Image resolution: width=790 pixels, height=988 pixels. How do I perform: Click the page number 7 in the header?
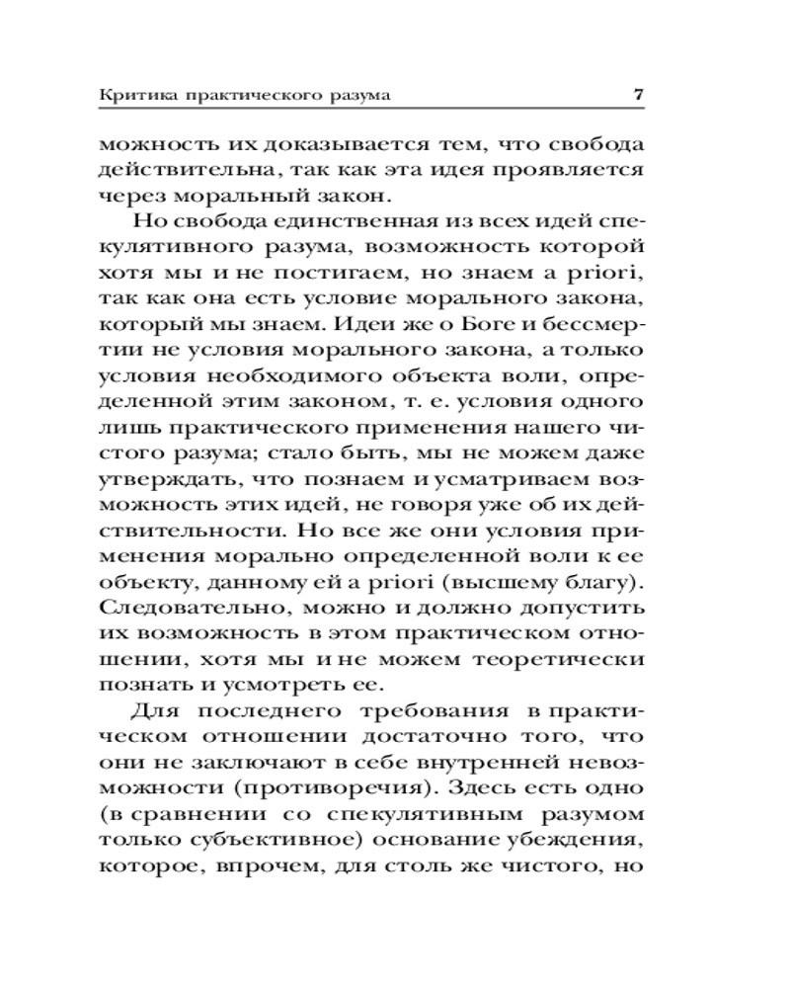tap(638, 96)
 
